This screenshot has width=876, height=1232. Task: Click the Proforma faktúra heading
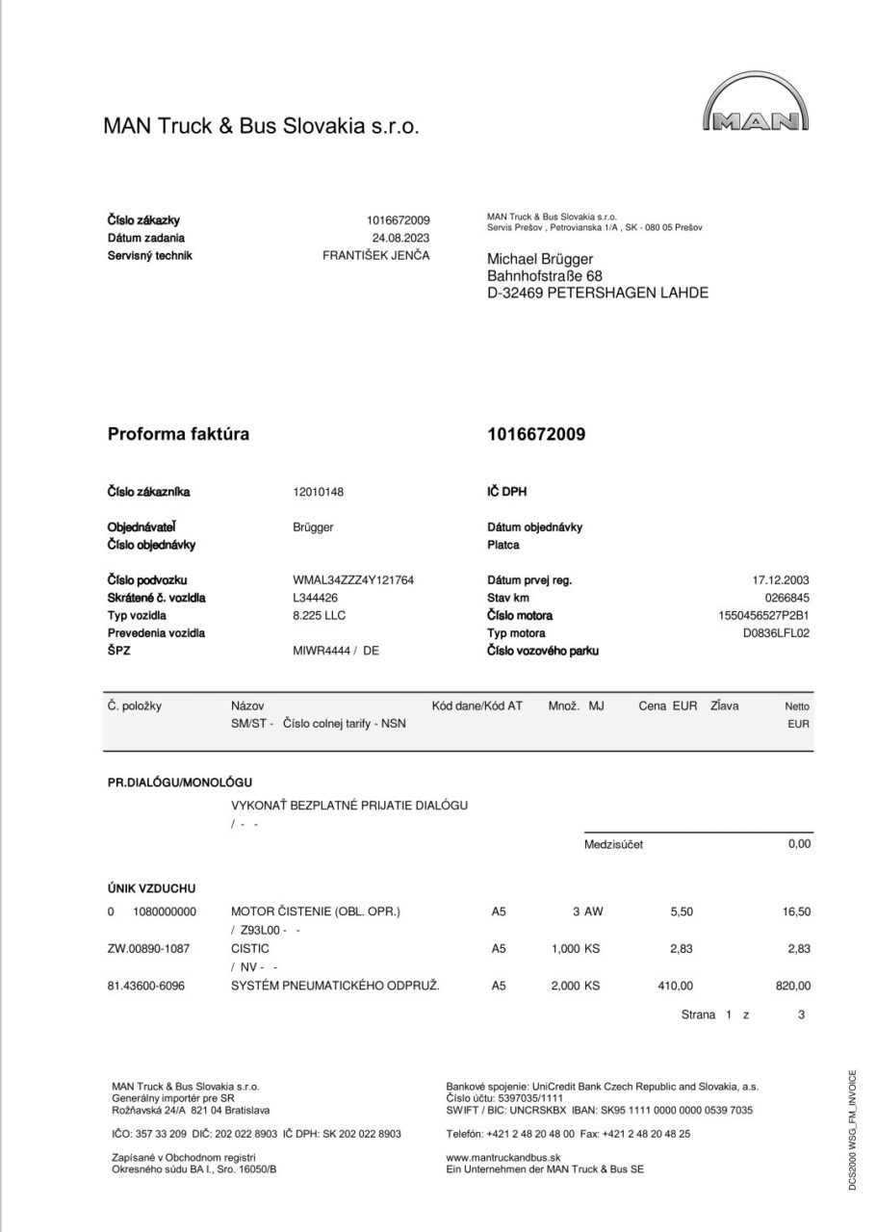178,434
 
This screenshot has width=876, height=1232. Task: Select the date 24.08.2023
400,238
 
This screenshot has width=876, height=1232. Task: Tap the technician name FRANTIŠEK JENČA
375,255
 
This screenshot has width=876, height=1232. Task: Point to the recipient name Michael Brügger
540,259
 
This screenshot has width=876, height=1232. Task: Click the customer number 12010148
318,492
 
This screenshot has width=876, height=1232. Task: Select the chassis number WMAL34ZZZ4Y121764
353,580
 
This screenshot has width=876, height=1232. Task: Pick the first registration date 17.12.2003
781,580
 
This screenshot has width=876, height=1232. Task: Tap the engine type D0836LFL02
777,633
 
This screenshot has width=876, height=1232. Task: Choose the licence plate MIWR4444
322,651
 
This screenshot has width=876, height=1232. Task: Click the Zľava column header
724,706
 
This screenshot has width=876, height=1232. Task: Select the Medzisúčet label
613,844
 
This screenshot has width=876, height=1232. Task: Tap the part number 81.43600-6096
148,985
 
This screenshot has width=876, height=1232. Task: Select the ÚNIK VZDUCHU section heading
151,888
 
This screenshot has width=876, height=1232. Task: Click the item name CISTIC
250,948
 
